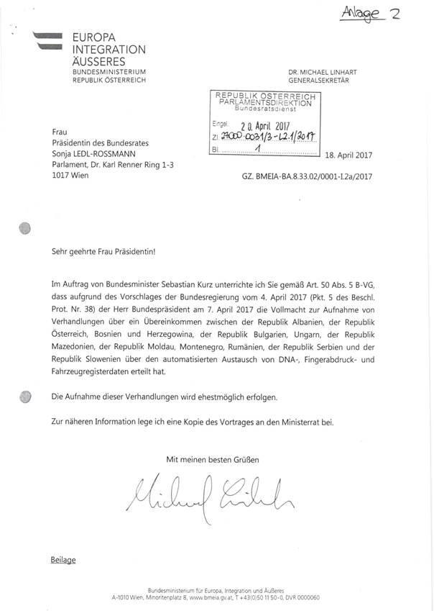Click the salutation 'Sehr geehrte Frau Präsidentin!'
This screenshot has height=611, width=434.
pos(103,253)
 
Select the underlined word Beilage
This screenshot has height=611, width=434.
pos(63,559)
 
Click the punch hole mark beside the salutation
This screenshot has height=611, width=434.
pos(26,229)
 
